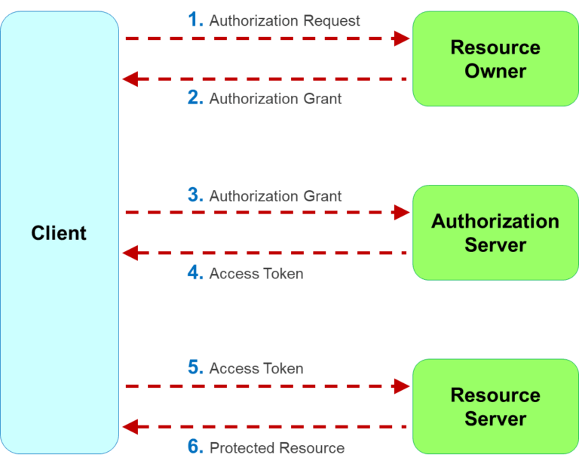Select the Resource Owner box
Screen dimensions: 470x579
coord(495,59)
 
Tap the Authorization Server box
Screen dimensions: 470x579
coord(495,233)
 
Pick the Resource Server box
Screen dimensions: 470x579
coord(495,407)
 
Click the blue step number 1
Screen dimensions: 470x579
coord(195,20)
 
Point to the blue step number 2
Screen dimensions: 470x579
coord(195,98)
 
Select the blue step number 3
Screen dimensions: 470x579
coord(195,195)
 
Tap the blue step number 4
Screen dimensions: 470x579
coord(195,273)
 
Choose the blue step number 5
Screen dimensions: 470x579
coord(195,368)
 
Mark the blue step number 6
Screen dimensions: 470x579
coord(195,447)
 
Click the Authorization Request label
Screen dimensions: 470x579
coord(285,21)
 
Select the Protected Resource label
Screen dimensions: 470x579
coord(277,448)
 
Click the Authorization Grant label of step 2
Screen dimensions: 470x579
coord(275,99)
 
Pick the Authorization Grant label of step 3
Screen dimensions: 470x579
coord(275,196)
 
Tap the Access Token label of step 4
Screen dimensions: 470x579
coord(256,274)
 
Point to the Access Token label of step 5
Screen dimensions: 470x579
coord(256,369)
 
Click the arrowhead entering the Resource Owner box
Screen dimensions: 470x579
coord(402,38)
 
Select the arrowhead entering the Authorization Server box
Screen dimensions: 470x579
coord(402,213)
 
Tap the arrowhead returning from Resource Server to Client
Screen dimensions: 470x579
coord(130,427)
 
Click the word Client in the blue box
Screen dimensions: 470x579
coord(59,233)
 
